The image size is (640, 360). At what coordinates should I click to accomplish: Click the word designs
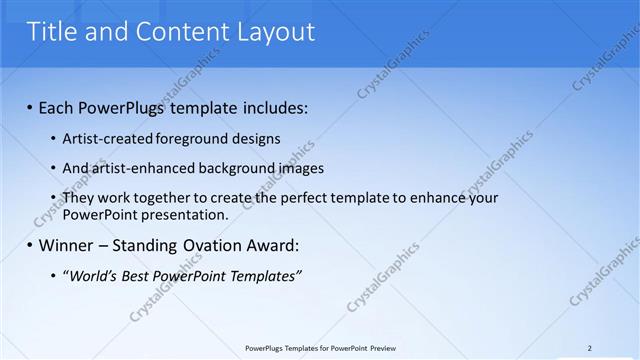pyautogui.click(x=255, y=139)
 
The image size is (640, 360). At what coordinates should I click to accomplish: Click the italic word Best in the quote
pyautogui.click(x=134, y=275)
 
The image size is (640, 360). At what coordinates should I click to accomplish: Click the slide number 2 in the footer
pyautogui.click(x=589, y=348)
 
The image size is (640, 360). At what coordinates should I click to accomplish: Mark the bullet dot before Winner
pyautogui.click(x=29, y=246)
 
